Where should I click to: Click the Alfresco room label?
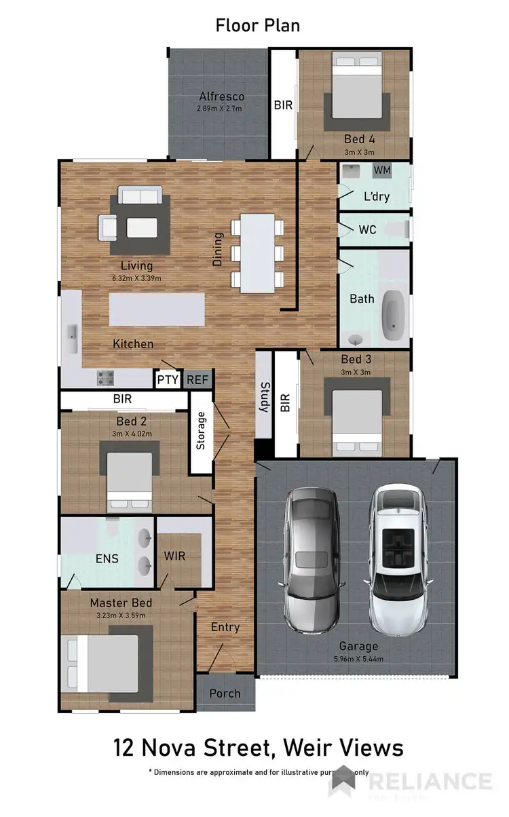221,97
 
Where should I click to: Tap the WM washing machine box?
382,170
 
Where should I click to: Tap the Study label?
264,398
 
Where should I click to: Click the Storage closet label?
201,432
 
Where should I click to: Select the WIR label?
174,556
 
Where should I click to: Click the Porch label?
225,693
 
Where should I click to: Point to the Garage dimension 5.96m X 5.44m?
359,658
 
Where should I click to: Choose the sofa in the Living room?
140,196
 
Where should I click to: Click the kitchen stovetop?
105,376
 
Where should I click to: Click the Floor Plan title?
257,26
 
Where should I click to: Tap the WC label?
367,230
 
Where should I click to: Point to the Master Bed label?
121,603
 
